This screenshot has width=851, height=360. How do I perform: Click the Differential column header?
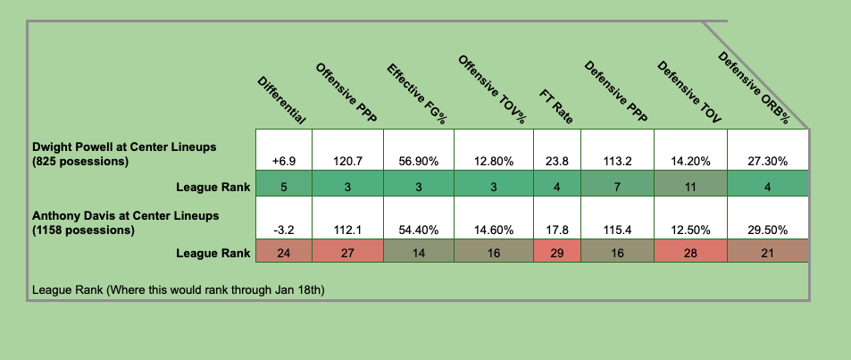(282, 99)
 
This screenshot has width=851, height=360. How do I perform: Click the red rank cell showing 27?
(346, 253)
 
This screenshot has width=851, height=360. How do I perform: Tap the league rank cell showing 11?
(690, 186)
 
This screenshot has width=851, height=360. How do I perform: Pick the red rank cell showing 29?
(556, 253)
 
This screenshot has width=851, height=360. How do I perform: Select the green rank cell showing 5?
(283, 186)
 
